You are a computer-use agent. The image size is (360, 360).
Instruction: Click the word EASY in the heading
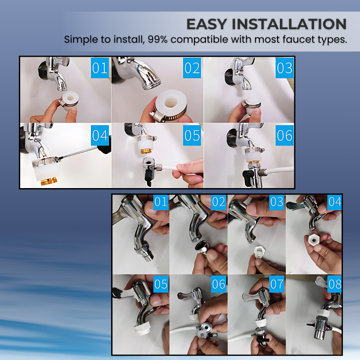(206, 24)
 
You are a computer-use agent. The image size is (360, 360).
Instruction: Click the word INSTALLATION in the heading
(289, 24)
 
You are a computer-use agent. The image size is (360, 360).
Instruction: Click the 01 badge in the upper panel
(100, 68)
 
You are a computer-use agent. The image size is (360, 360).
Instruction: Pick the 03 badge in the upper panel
(284, 68)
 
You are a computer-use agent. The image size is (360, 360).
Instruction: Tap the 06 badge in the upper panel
(284, 135)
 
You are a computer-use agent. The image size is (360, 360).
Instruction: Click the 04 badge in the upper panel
(100, 135)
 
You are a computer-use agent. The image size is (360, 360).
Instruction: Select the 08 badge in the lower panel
(335, 284)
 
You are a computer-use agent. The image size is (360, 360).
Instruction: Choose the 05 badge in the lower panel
(161, 284)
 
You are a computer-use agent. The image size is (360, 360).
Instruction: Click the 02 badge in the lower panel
(219, 202)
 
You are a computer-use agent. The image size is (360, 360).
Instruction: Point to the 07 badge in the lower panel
(277, 284)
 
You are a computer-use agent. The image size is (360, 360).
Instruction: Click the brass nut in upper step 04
(49, 181)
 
